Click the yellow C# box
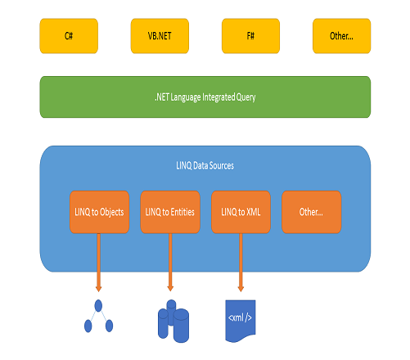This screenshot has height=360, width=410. [x=69, y=36]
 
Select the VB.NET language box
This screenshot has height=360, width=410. [x=160, y=36]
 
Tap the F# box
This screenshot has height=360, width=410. [x=250, y=36]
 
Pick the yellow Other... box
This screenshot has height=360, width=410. [x=342, y=36]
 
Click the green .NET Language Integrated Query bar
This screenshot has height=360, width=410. [x=205, y=97]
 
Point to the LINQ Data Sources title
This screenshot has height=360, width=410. [x=205, y=165]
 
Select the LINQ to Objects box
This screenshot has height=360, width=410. [x=99, y=212]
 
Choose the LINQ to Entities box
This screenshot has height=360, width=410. [x=170, y=212]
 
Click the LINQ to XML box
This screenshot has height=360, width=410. [x=241, y=212]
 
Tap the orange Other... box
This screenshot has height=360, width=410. [x=312, y=212]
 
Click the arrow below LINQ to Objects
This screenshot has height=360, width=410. [x=99, y=263]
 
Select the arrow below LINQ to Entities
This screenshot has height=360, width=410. [x=170, y=263]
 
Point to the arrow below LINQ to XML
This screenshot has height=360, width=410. [x=241, y=263]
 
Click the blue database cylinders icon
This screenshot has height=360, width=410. [x=173, y=322]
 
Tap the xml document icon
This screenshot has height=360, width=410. [x=241, y=321]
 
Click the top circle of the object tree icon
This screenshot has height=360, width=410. [x=98, y=306]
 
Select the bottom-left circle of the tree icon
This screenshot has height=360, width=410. [x=88, y=326]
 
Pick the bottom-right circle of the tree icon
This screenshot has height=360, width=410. [x=109, y=326]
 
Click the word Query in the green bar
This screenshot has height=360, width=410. [x=246, y=97]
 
